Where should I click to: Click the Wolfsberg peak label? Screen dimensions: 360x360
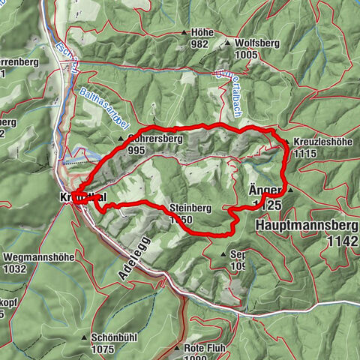[x=256, y=43]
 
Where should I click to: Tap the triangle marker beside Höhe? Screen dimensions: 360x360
[x=185, y=33]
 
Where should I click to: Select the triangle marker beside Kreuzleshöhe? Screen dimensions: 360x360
[x=286, y=142]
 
